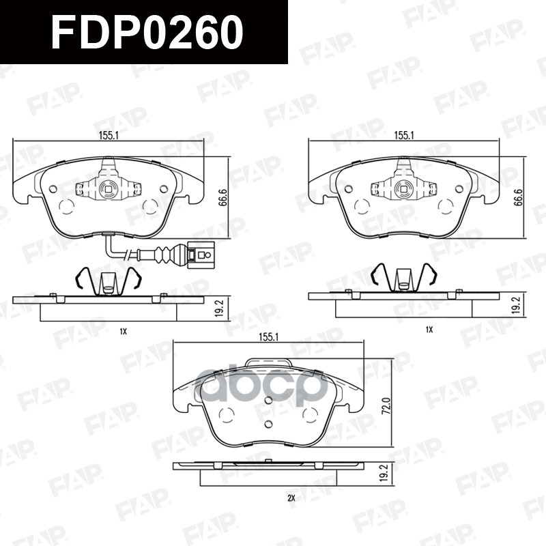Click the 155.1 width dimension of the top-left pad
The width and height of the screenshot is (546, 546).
tap(109, 135)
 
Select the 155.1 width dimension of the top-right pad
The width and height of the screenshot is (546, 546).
tap(404, 135)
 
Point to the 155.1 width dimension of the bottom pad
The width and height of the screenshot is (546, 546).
tap(268, 337)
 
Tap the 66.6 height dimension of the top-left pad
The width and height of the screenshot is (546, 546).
tap(223, 197)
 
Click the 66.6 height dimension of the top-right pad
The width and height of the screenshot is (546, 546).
tap(519, 197)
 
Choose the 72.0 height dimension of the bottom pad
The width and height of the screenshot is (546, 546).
tap(386, 405)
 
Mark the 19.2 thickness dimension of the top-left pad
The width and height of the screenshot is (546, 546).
tap(219, 308)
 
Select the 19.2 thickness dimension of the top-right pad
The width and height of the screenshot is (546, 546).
tap(517, 306)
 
